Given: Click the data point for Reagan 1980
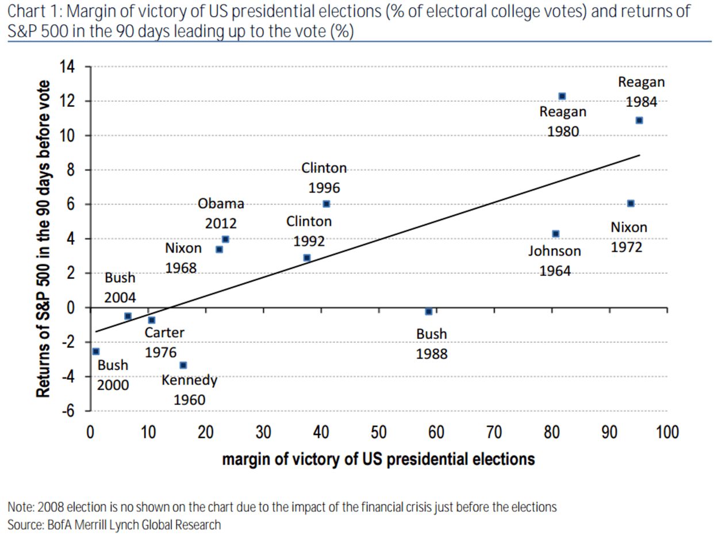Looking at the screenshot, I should click(x=562, y=96).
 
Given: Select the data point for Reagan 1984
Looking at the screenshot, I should click(x=639, y=121).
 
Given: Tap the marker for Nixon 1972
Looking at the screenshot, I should click(x=630, y=203).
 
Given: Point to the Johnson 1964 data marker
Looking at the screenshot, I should click(x=555, y=234).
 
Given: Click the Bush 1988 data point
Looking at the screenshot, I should click(x=428, y=311).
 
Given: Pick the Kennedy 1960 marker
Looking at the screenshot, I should click(x=183, y=365).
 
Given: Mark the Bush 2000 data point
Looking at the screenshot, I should click(x=95, y=352).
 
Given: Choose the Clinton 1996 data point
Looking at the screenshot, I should click(x=326, y=204).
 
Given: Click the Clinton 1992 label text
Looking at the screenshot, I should click(x=309, y=231).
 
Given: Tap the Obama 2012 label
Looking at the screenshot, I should click(x=221, y=213).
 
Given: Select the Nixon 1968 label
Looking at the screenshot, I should click(x=183, y=258).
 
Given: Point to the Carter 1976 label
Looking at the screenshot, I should click(x=164, y=342).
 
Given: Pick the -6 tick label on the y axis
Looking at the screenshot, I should click(x=68, y=411).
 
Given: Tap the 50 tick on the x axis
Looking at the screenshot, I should click(x=378, y=432).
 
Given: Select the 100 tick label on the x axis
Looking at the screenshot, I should click(x=667, y=432).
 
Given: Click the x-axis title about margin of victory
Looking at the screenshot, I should click(x=378, y=459).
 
